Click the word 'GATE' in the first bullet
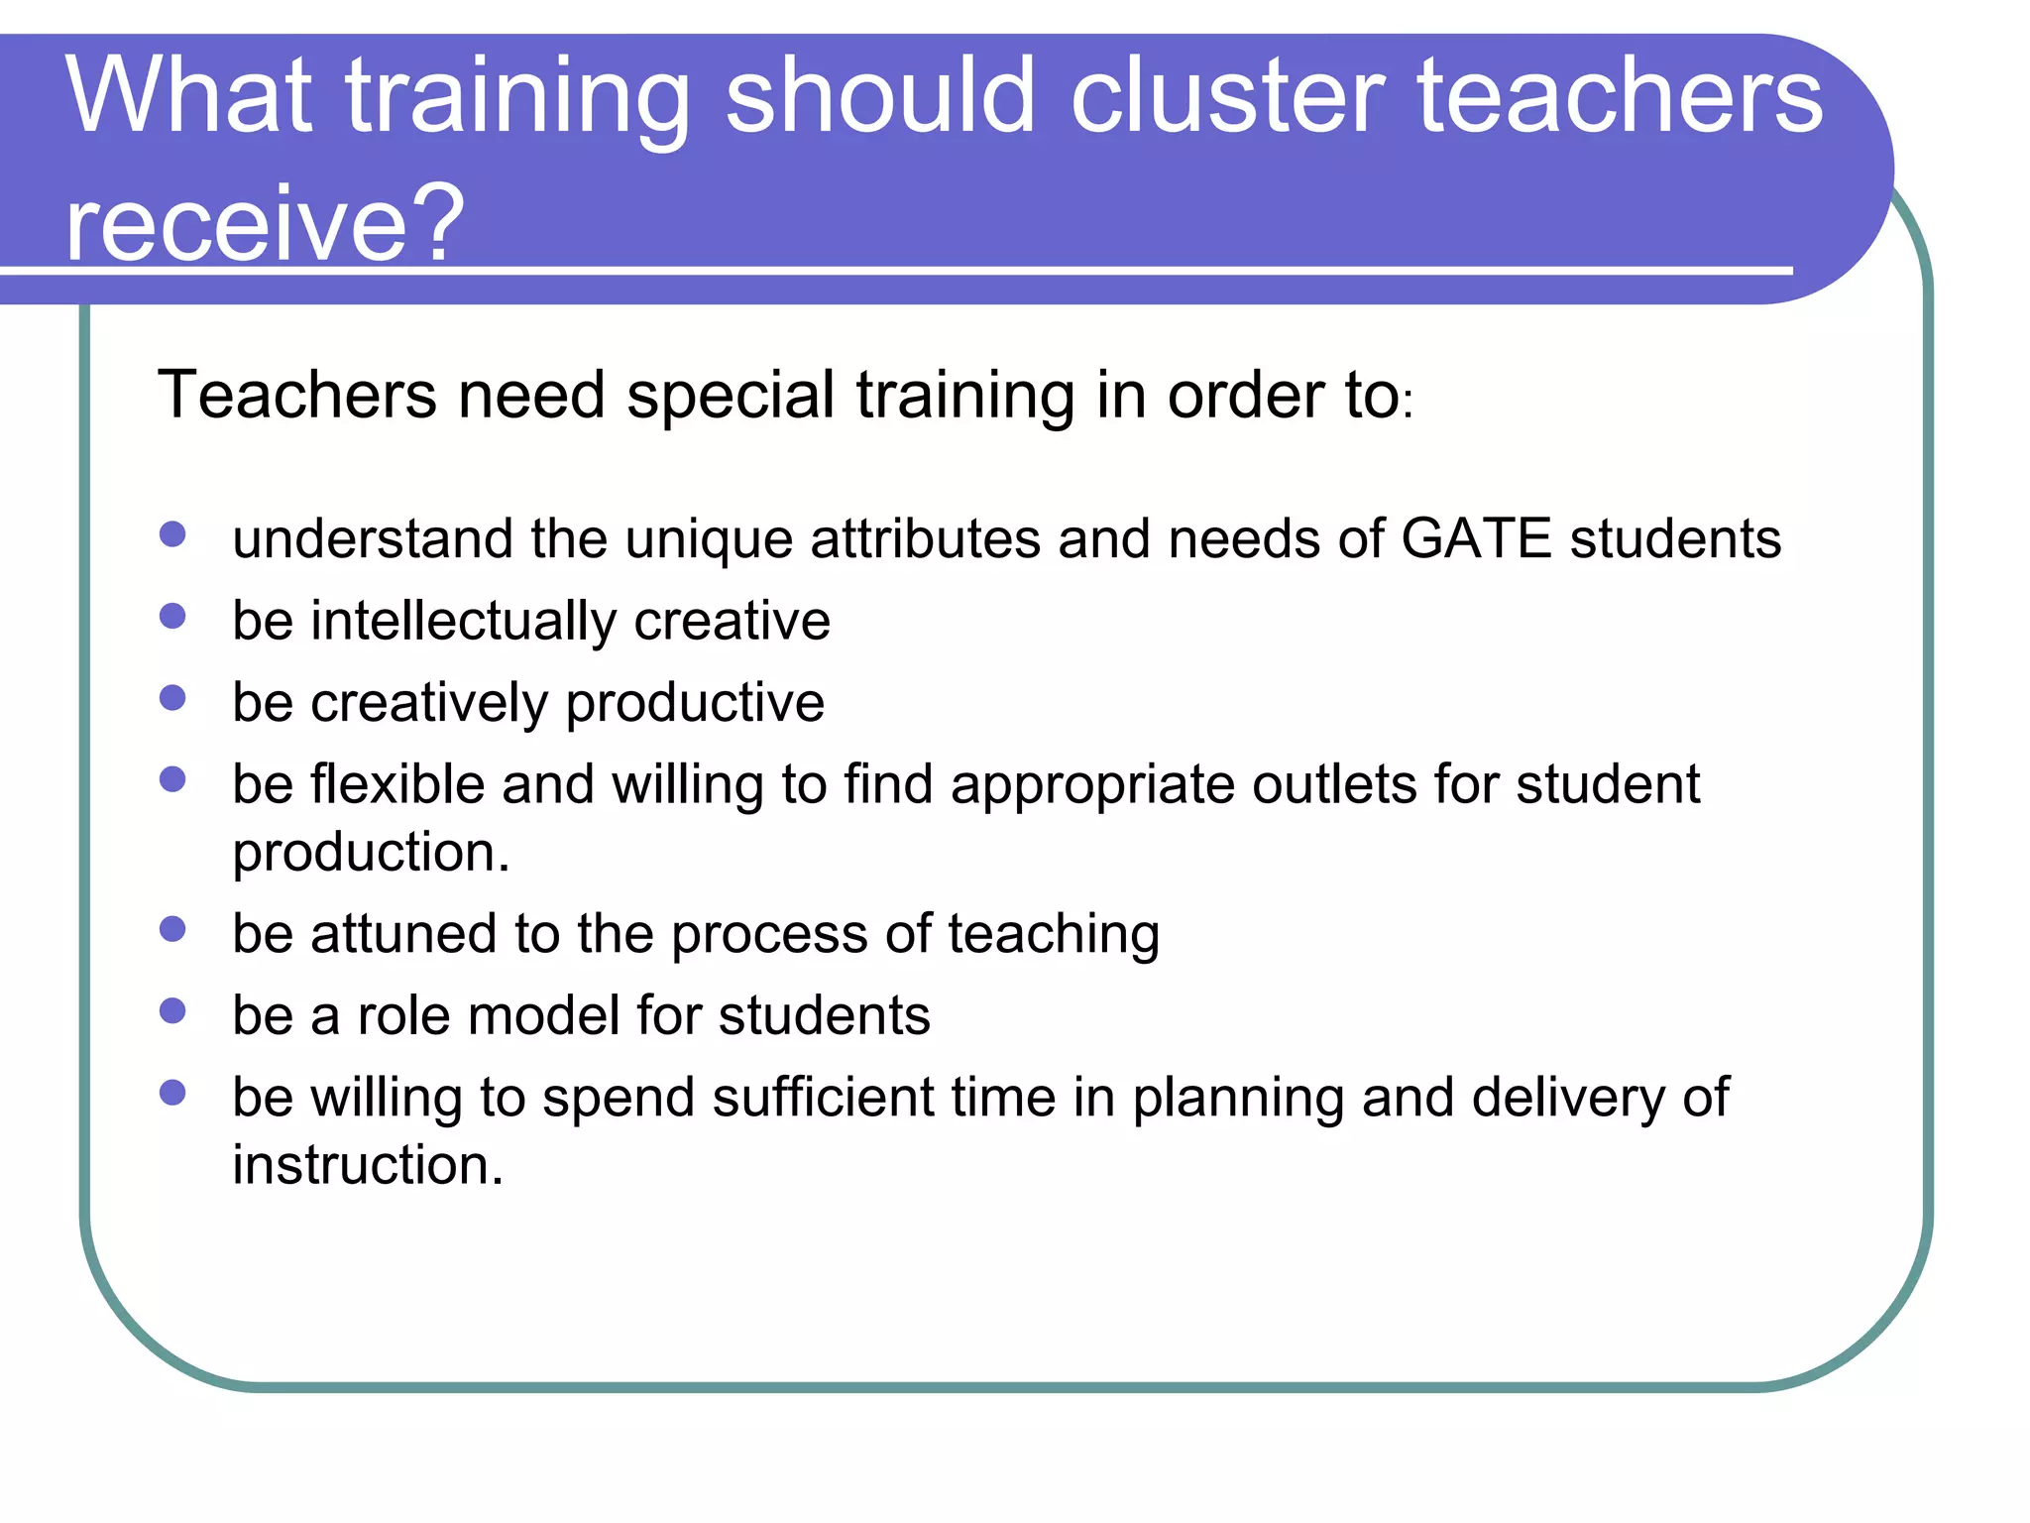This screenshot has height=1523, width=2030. [x=1476, y=539]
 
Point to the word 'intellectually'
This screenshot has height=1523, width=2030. [x=464, y=623]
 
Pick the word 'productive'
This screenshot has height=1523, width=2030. [x=695, y=703]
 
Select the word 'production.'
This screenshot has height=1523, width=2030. [x=371, y=853]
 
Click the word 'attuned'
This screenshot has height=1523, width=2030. [x=403, y=934]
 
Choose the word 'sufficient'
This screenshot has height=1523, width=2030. [x=822, y=1098]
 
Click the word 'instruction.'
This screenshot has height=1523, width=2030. [x=368, y=1165]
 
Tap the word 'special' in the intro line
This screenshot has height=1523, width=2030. [x=731, y=395]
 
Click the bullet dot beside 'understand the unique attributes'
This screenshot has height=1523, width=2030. [x=172, y=534]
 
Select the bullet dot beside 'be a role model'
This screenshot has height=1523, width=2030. [x=172, y=1011]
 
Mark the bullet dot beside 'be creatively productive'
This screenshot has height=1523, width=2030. [x=172, y=698]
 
